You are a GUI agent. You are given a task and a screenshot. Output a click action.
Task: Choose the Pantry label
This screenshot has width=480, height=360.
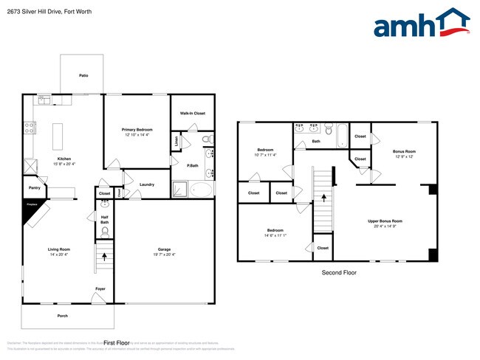(x=34, y=188)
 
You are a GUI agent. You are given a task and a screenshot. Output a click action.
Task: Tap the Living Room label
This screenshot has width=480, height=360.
(x=59, y=252)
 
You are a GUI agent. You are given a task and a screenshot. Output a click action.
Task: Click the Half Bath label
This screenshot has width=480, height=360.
(x=105, y=220)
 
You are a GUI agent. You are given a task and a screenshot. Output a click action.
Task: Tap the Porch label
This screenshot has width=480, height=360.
(x=63, y=316)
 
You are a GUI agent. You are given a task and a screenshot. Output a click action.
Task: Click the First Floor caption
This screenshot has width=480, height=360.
(x=117, y=343)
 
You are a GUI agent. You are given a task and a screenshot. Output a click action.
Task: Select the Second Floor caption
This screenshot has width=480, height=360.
(x=339, y=273)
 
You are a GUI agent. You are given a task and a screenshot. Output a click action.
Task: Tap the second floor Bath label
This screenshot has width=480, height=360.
(x=316, y=141)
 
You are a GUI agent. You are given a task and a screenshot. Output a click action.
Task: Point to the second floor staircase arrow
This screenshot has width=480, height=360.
(x=322, y=198)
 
